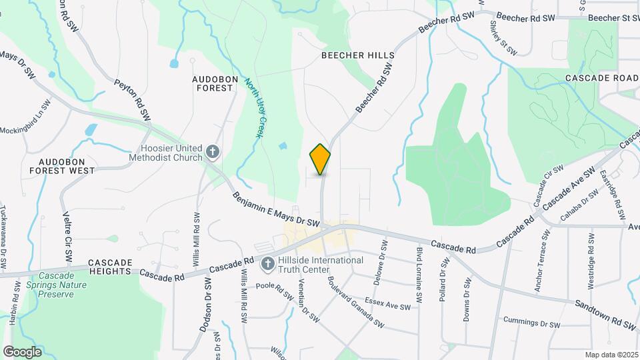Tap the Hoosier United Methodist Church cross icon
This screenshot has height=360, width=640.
tap(213, 153)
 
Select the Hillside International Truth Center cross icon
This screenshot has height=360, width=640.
tap(267, 265)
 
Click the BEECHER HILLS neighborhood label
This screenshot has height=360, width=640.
tap(357, 55)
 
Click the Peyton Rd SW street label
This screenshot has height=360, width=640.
tap(133, 100)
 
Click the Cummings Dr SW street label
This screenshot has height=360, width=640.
tap(531, 324)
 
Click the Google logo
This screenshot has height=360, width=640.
tap(22, 351)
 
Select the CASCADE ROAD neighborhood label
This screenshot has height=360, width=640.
tap(602, 78)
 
